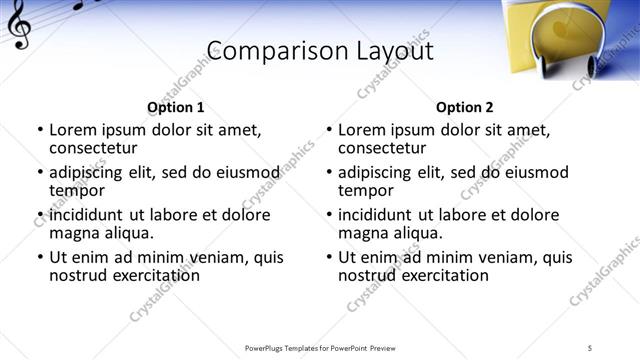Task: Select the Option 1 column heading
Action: (175, 107)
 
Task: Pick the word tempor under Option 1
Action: (77, 190)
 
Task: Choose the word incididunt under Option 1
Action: (88, 215)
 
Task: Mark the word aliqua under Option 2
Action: (418, 233)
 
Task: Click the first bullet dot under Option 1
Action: (39, 130)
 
